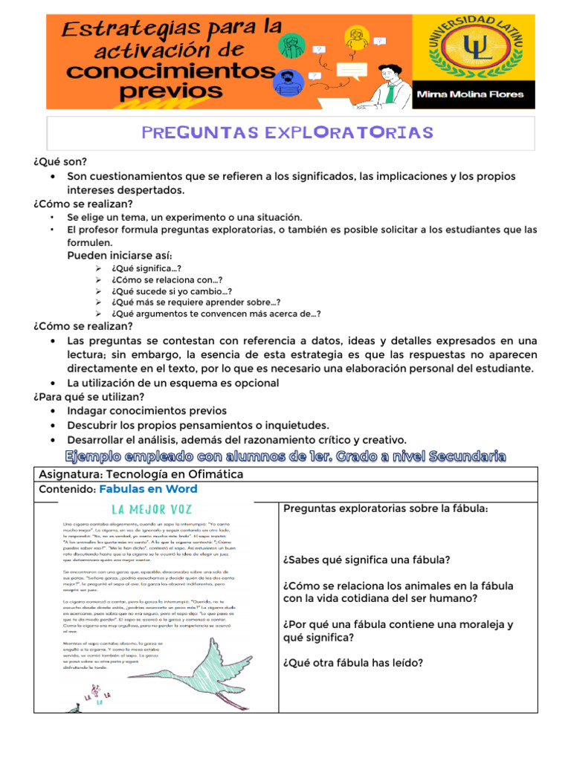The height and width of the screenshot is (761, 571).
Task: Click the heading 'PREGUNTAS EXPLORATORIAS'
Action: point(286,132)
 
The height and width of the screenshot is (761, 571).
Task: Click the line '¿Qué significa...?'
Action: point(146,268)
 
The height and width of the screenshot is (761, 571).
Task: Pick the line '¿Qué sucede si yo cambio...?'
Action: point(172,291)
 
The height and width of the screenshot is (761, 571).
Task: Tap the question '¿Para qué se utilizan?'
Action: point(88,397)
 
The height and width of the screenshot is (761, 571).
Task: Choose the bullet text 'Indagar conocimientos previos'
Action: point(146,410)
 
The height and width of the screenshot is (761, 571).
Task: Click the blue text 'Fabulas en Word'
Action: point(148,489)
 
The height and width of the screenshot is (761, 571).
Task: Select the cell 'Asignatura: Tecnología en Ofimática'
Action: point(141,474)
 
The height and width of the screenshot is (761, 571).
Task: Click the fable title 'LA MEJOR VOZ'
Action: point(152,510)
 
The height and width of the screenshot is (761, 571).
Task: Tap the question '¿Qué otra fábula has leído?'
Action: point(353,663)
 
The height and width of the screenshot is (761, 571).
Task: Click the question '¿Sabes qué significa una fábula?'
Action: point(367,560)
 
